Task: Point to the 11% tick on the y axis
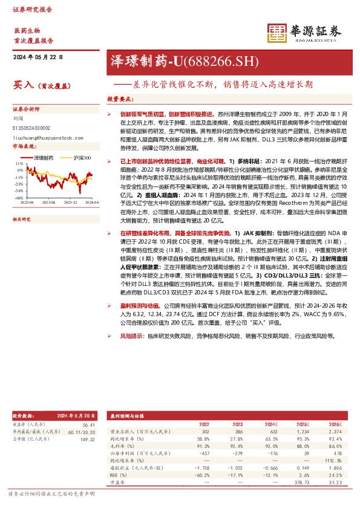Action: [20, 163]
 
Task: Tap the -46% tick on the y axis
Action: [19, 197]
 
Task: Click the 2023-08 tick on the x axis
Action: [49, 203]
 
